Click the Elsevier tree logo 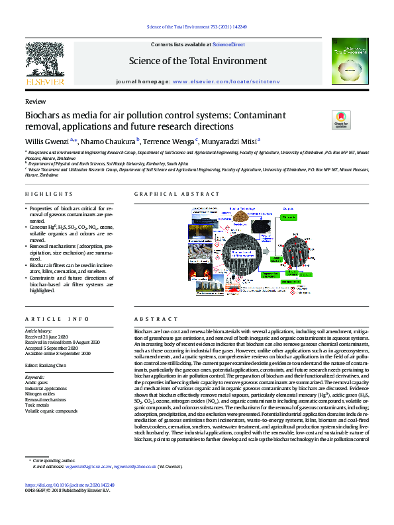tap(45, 60)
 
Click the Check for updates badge tap(340, 120)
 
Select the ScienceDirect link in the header tap(228, 44)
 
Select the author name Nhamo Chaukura tap(109, 141)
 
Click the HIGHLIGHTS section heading tap(49, 194)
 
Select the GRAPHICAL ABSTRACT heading tap(177, 194)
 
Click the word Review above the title tap(35, 102)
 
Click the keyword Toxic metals tap(38, 405)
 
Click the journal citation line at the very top tap(196, 28)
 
